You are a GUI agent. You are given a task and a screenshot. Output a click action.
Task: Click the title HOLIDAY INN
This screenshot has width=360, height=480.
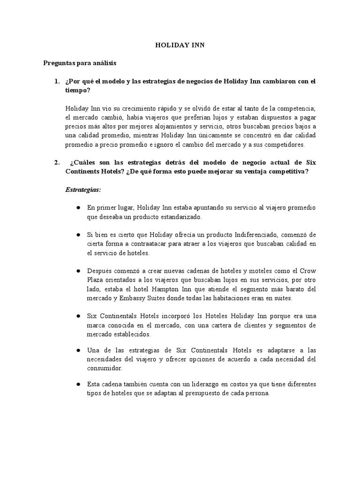(180, 45)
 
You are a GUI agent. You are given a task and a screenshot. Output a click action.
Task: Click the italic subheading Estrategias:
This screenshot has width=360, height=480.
(82, 189)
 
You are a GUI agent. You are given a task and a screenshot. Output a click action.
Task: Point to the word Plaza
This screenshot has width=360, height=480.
(96, 280)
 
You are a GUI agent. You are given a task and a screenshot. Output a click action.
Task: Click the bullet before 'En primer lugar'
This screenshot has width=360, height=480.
(78, 208)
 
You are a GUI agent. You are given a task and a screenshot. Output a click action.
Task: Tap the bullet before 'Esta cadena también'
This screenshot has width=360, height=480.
(78, 384)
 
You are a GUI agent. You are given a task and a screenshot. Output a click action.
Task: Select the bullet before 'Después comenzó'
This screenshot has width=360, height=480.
(78, 270)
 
